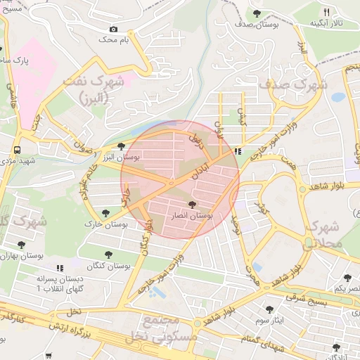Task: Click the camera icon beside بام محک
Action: [x=112, y=30]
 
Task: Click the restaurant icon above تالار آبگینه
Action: [x=326, y=13]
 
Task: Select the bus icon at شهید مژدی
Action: [x=16, y=150]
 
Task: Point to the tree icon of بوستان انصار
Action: [x=192, y=204]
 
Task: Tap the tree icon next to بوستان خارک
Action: [x=105, y=212]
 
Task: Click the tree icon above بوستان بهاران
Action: [x=20, y=245]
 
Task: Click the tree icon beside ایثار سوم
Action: [x=268, y=309]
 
